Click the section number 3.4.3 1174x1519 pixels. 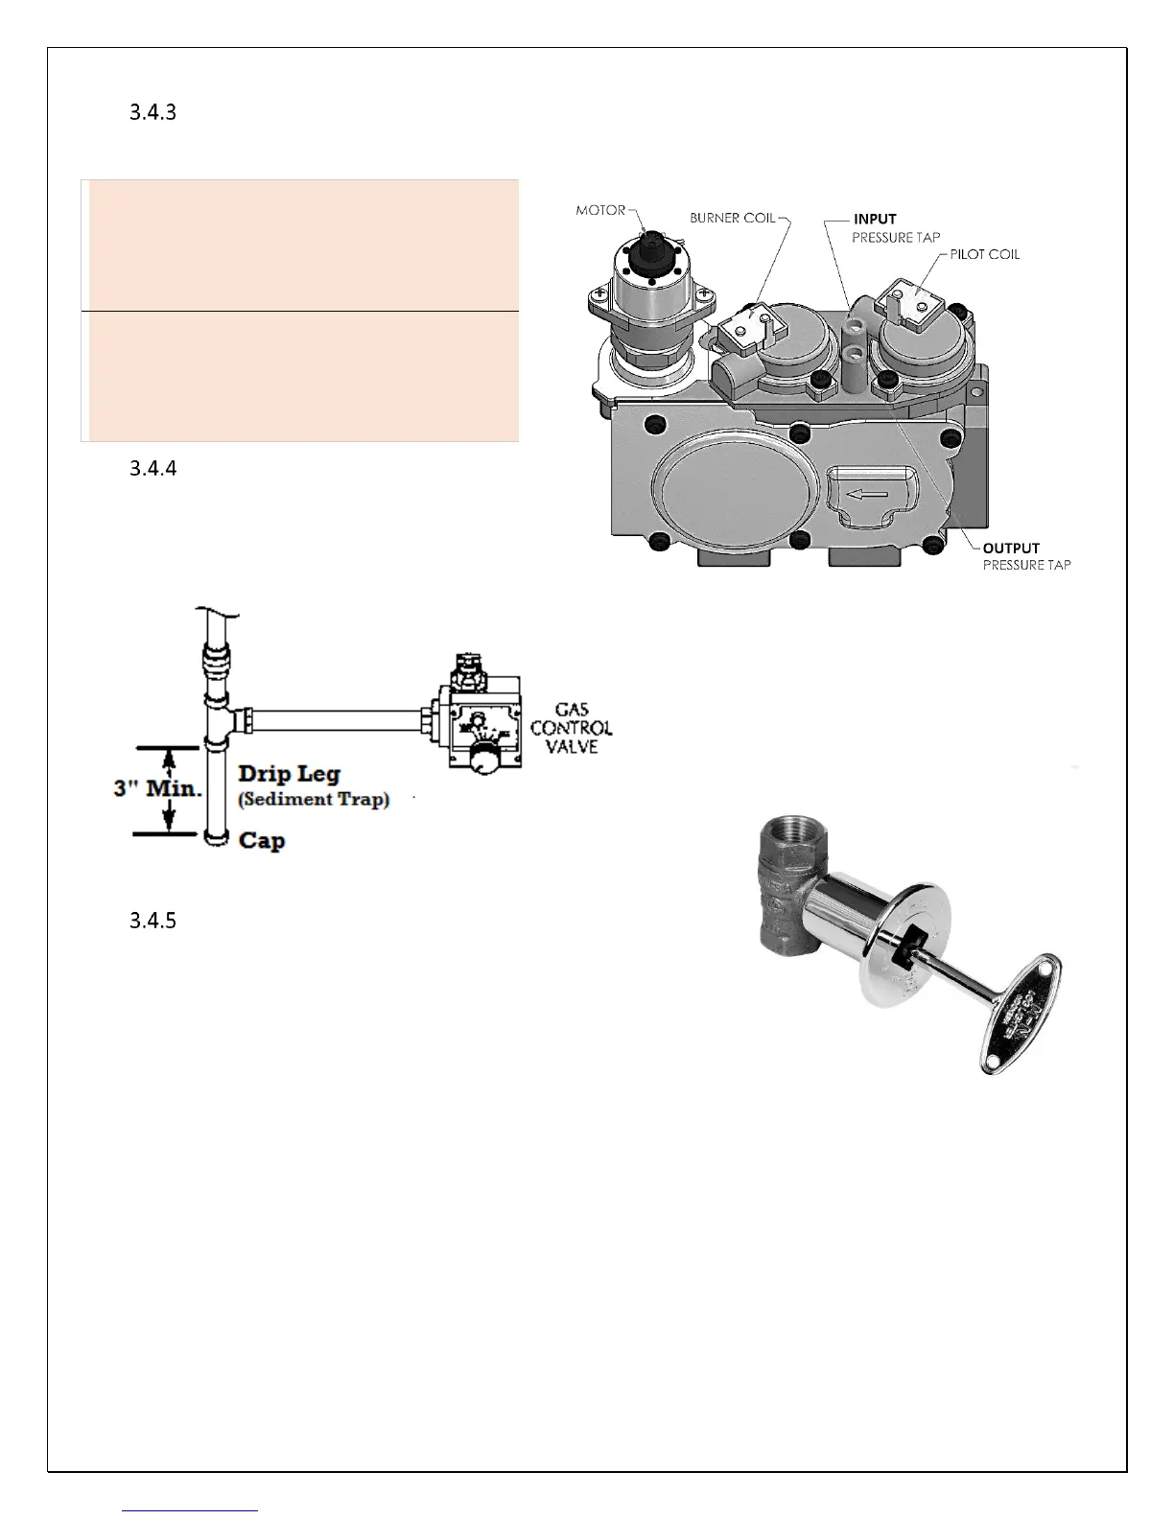(x=153, y=112)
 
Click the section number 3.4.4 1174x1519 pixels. (x=153, y=469)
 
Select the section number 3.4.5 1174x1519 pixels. (x=153, y=921)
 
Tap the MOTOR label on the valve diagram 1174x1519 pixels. (x=600, y=210)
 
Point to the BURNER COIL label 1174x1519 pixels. (x=733, y=218)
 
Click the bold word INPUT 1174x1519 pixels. (x=875, y=219)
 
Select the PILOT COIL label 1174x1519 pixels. (x=985, y=254)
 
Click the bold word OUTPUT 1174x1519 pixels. (x=1011, y=549)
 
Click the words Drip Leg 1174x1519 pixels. (x=289, y=774)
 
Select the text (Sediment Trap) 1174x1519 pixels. (x=314, y=799)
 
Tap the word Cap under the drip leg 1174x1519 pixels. (x=262, y=841)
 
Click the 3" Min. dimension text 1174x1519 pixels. (x=158, y=790)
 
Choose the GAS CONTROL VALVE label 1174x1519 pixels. (x=571, y=728)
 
